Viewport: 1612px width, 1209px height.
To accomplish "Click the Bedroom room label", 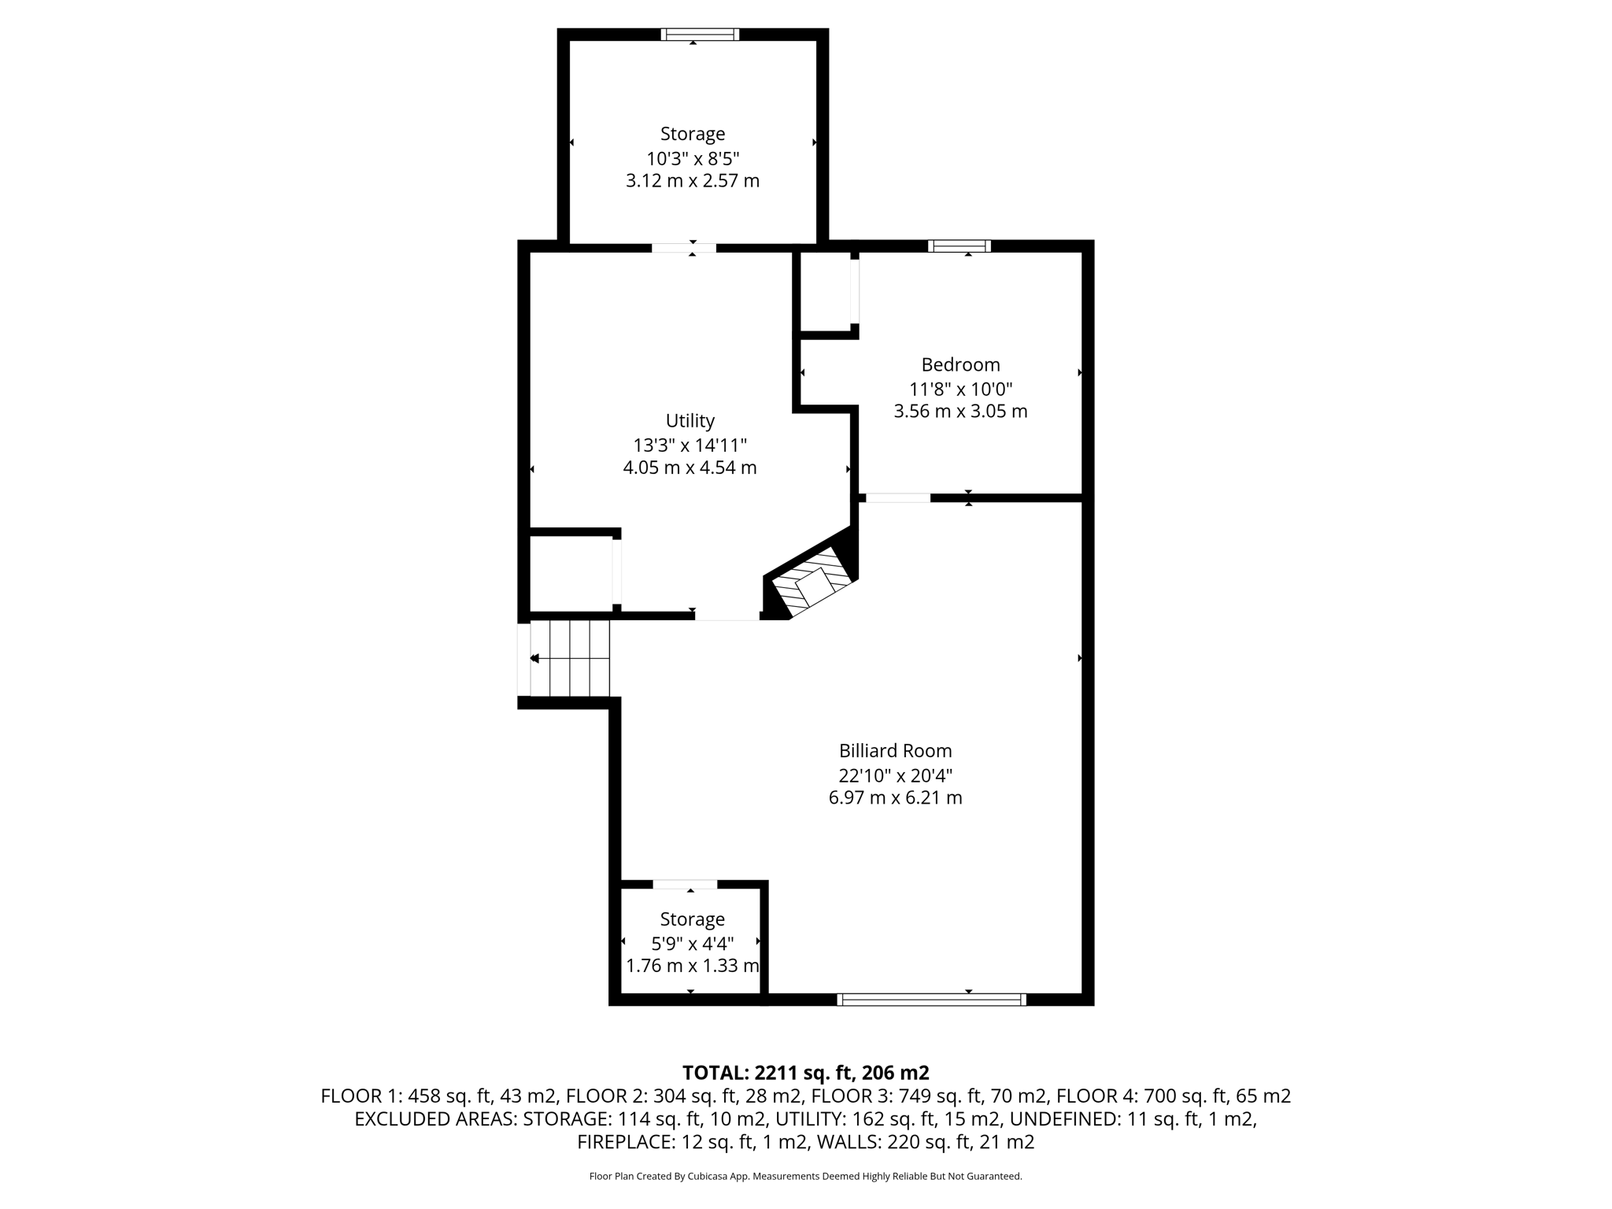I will click(x=960, y=364).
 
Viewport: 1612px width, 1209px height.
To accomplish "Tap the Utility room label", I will click(x=690, y=420).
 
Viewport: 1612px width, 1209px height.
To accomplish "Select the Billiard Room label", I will click(x=895, y=751).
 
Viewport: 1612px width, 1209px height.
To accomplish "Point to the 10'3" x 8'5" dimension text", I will click(x=693, y=158).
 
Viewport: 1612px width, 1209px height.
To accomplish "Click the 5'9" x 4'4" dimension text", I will click(x=692, y=942).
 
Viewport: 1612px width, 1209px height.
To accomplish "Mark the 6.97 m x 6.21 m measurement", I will click(x=895, y=797).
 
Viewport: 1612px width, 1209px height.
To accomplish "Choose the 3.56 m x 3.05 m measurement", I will click(x=960, y=411).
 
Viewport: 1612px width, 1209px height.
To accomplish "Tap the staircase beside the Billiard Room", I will click(x=570, y=658).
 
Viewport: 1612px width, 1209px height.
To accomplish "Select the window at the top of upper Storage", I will click(x=700, y=35).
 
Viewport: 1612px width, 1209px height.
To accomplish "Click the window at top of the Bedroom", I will click(x=959, y=246).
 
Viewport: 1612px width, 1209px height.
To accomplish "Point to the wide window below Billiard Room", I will click(x=931, y=1000).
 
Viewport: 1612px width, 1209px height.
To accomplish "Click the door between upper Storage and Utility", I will click(x=683, y=248).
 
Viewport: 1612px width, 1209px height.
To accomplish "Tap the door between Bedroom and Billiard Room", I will click(x=897, y=497).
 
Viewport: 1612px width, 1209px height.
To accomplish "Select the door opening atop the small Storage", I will click(x=685, y=884).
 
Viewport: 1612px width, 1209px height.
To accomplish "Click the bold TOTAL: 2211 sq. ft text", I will click(x=805, y=1072).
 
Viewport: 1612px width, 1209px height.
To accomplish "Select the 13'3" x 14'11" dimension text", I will click(x=690, y=445).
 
